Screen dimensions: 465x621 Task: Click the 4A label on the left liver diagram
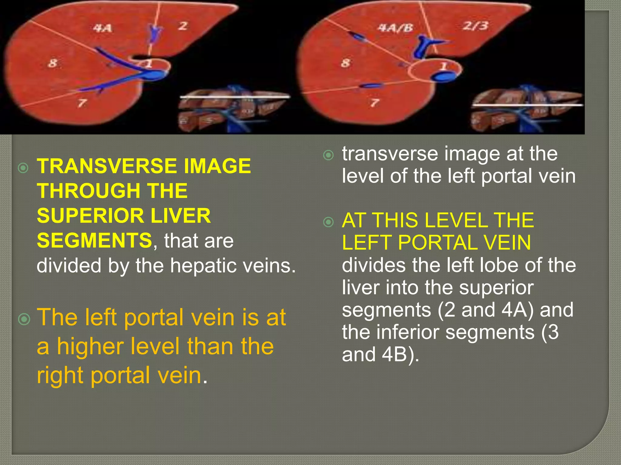[102, 28]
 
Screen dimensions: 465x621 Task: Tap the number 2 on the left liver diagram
[183, 26]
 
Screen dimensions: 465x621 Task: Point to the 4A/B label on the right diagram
[395, 28]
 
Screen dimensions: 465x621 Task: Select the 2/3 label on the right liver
[475, 26]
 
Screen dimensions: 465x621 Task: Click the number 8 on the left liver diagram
[53, 63]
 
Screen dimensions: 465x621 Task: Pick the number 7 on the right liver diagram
[375, 103]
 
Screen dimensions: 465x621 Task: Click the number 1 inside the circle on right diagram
[443, 66]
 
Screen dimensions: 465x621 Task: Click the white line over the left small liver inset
[235, 97]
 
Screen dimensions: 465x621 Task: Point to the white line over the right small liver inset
[528, 105]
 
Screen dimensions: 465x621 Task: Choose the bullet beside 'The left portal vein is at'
[24, 319]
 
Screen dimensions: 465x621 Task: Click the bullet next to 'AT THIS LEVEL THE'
[328, 222]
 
